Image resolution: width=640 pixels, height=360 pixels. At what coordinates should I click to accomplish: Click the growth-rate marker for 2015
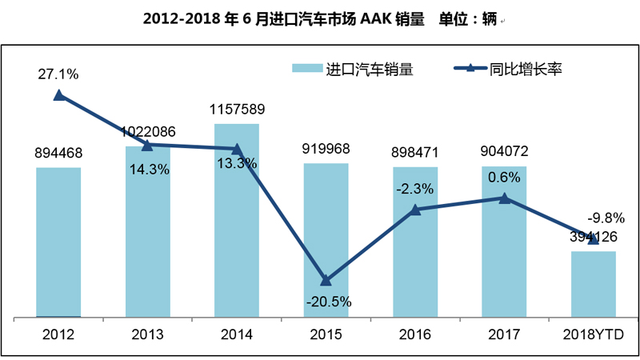click(326, 281)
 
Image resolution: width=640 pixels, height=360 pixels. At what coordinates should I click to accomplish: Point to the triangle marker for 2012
click(58, 95)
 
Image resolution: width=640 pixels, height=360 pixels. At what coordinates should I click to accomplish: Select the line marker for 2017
click(504, 198)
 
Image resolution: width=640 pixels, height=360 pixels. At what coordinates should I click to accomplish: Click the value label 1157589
click(237, 109)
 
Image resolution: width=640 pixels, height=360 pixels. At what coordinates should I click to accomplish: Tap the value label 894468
click(58, 153)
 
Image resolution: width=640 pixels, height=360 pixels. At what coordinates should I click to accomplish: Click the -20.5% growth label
click(326, 302)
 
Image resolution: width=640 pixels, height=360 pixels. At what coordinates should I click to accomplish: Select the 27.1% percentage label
click(58, 74)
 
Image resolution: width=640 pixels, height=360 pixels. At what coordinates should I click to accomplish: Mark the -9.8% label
click(606, 217)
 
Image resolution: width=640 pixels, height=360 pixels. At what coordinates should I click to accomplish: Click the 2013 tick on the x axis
click(147, 334)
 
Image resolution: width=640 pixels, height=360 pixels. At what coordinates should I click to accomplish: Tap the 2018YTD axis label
click(593, 334)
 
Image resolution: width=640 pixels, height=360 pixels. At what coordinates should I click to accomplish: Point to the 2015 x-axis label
click(326, 334)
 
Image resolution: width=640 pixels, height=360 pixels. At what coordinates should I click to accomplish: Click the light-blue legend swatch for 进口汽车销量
click(307, 70)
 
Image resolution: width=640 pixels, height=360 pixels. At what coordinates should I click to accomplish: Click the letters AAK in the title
click(369, 18)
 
